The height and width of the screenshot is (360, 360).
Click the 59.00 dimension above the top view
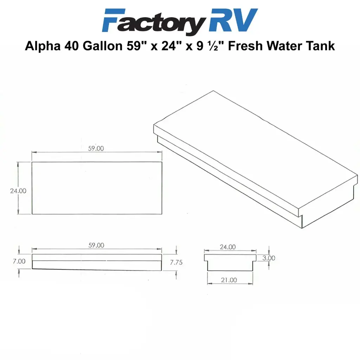96,148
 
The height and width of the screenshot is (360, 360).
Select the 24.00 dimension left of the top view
18,191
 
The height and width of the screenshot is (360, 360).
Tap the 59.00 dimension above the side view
96,245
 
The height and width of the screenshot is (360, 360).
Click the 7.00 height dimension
19,261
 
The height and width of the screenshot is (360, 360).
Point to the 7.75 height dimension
176,262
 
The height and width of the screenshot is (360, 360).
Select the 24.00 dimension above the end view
227,247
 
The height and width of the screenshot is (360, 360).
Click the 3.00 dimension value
269,258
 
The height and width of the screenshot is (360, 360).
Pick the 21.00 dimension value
229,280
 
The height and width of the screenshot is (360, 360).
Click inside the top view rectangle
97,188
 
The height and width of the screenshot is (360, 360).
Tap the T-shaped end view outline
230,262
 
